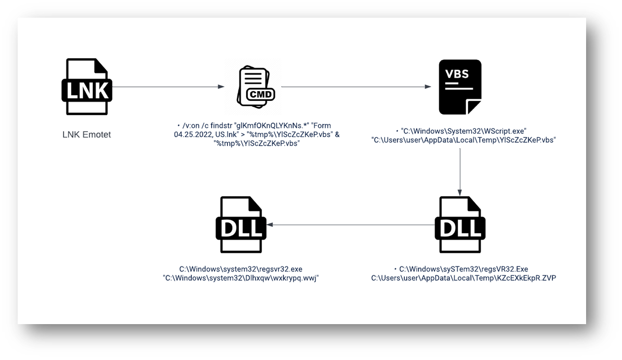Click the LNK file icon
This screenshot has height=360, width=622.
coord(87,86)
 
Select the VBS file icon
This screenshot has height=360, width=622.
coord(460,87)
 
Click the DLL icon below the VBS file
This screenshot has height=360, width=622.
coord(460,224)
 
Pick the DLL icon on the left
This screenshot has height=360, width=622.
coord(240,224)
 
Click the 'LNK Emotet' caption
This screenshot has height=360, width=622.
coord(86,135)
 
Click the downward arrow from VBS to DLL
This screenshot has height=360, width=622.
coord(460,171)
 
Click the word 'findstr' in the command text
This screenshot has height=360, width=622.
coord(218,126)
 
